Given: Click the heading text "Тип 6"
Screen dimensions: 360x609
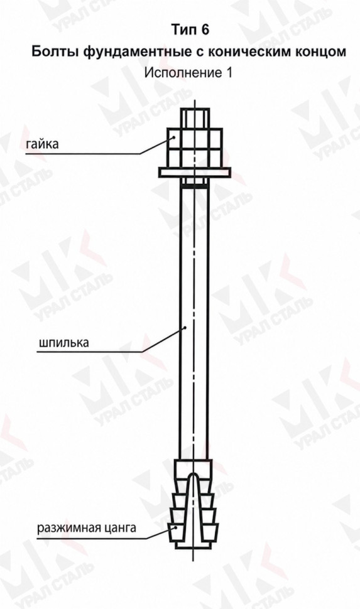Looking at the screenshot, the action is tap(190, 30).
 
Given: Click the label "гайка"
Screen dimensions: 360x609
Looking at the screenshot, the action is tap(42, 144).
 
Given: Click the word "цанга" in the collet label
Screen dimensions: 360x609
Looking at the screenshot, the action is tap(121, 529).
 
